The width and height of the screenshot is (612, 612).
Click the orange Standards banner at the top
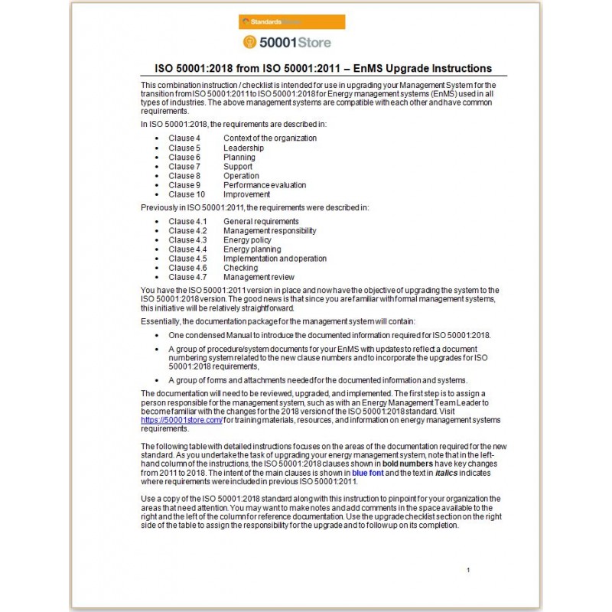click(x=291, y=21)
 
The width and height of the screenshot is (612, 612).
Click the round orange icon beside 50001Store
click(x=249, y=42)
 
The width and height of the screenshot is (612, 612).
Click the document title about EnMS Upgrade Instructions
click(x=318, y=68)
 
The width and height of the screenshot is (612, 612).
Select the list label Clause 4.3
click(x=187, y=240)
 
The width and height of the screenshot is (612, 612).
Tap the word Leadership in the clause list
click(x=243, y=148)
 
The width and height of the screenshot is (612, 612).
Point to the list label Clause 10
click(x=187, y=194)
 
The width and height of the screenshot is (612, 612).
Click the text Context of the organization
click(x=269, y=138)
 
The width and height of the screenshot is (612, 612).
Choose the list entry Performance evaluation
click(x=265, y=185)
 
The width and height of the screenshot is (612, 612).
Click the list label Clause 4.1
click(x=187, y=222)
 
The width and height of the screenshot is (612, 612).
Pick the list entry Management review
click(x=259, y=277)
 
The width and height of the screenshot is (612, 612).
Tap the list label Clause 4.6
click(x=187, y=268)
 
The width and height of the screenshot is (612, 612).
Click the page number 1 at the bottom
click(x=467, y=570)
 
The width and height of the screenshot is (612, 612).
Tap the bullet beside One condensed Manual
click(x=156, y=335)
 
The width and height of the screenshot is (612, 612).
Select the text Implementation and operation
click(x=275, y=259)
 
